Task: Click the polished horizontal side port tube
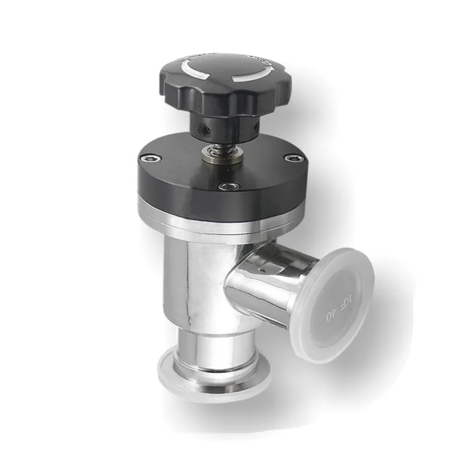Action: click(262, 285)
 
